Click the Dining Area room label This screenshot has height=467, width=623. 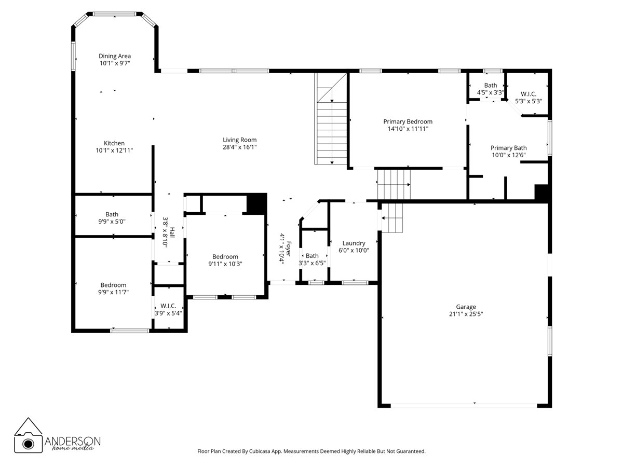click(115, 56)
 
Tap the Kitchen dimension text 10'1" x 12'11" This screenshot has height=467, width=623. click(114, 150)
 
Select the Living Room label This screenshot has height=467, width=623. click(240, 140)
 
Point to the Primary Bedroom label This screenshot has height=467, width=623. click(408, 121)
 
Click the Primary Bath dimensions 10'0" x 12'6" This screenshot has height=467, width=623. click(509, 155)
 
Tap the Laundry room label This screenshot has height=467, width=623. click(354, 243)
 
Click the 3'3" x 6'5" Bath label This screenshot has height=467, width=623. click(312, 256)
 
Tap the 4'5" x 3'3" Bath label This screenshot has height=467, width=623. click(491, 85)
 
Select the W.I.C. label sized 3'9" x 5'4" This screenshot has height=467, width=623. click(168, 306)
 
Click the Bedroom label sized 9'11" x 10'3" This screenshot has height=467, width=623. click(225, 256)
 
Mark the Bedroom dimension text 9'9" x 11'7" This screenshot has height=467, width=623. click(113, 292)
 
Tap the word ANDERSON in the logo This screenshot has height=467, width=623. click(73, 440)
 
